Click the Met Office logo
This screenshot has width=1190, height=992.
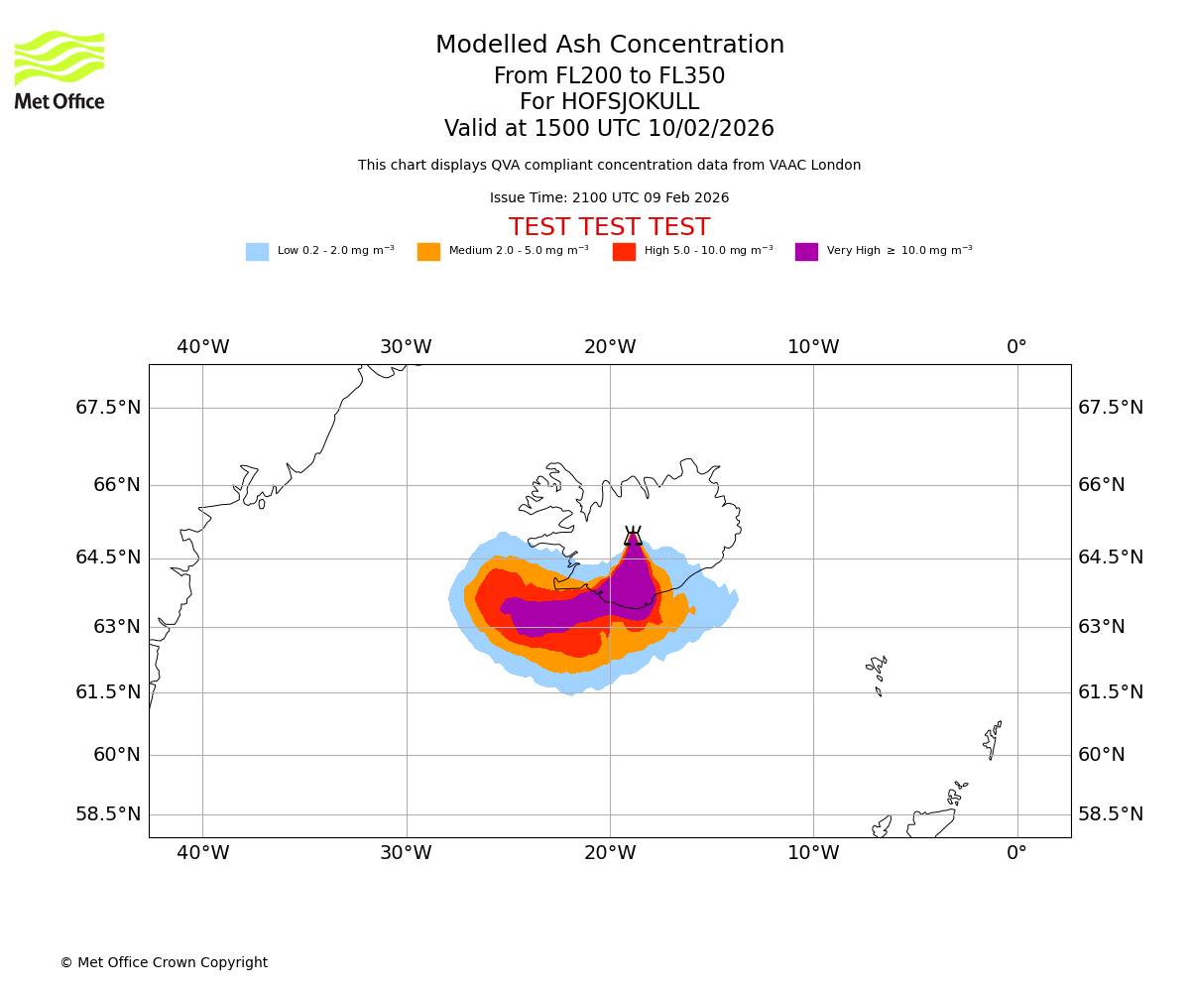tap(59, 69)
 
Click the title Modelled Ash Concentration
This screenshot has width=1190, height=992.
tap(610, 46)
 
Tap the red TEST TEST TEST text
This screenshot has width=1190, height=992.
tap(609, 228)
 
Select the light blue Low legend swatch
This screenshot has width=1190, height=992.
tap(257, 252)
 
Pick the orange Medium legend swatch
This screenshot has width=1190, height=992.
tap(428, 252)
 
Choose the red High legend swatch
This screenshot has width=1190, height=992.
tap(624, 252)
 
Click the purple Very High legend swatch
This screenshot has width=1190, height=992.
tap(806, 252)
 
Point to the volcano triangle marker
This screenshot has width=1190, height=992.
tap(633, 537)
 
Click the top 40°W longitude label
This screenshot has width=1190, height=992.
tap(203, 347)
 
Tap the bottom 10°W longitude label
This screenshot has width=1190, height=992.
tap(813, 852)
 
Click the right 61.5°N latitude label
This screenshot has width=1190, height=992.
tap(1111, 692)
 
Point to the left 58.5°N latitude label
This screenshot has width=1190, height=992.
tap(108, 814)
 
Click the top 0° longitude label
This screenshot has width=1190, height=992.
tap(1016, 347)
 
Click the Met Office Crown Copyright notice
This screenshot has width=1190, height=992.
tap(164, 963)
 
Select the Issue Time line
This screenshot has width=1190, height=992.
tap(609, 198)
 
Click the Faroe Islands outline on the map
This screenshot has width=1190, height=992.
tap(877, 669)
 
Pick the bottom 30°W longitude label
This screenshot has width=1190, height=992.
tap(406, 852)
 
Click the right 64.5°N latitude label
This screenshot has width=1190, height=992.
tap(1111, 558)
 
